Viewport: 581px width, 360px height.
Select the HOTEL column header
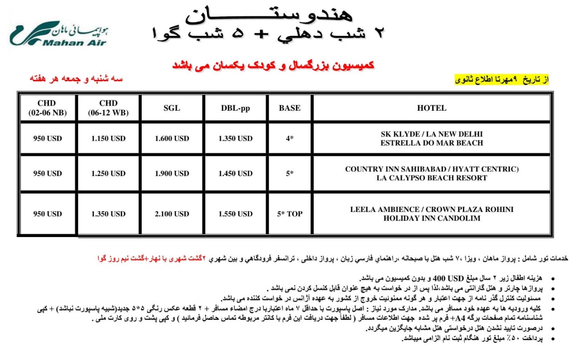(x=431, y=108)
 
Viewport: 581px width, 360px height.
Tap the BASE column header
(x=290, y=108)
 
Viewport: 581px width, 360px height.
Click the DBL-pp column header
(x=235, y=108)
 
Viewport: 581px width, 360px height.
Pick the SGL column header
(x=172, y=108)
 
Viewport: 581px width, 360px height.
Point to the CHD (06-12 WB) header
(x=108, y=108)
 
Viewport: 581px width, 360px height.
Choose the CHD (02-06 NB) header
(x=47, y=108)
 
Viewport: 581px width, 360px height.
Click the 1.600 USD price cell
(x=172, y=138)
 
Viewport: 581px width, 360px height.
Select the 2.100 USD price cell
(x=172, y=214)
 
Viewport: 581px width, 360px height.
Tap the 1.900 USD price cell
(x=172, y=173)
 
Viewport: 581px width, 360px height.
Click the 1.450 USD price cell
(x=235, y=173)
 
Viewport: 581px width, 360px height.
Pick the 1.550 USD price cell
(x=235, y=214)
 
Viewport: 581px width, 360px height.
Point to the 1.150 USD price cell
(x=108, y=138)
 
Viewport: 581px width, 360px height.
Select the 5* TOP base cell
(x=290, y=214)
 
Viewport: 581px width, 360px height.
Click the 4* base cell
(x=290, y=138)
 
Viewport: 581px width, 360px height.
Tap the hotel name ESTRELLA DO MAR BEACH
(x=432, y=143)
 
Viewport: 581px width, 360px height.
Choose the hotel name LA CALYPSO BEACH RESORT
(x=432, y=178)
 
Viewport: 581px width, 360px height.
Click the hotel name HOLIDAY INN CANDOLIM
(x=432, y=218)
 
